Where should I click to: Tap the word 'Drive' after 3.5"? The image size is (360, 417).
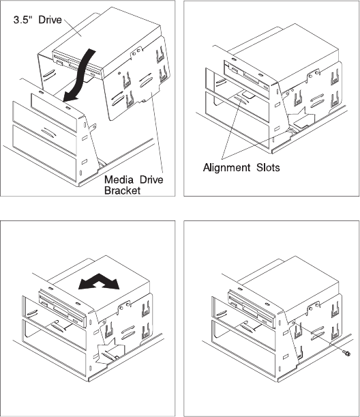(50, 20)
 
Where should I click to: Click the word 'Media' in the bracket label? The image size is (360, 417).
(119, 179)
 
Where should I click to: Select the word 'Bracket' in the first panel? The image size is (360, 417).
(122, 190)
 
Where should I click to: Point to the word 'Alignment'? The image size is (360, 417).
(226, 167)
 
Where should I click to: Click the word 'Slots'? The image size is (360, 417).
(268, 167)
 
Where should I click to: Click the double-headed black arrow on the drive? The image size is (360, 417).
(99, 282)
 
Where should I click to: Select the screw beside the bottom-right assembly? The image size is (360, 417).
(347, 353)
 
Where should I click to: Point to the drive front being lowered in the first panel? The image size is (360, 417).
(77, 65)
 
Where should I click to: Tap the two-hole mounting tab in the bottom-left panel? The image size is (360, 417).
(124, 307)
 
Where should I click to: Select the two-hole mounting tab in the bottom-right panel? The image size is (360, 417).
(314, 307)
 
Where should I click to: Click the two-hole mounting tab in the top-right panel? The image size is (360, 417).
(314, 74)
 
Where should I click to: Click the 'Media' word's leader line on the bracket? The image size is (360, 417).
(157, 133)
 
